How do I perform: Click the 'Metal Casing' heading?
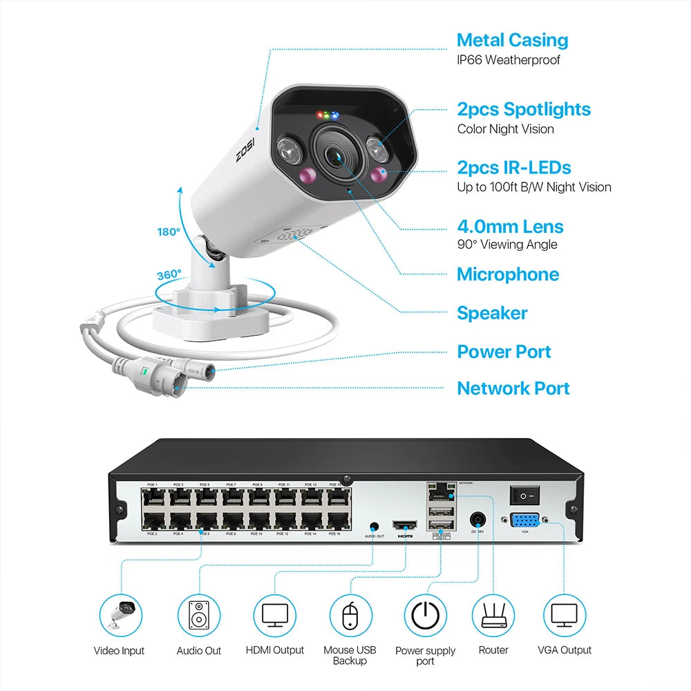512,40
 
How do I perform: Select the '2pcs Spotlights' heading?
524,109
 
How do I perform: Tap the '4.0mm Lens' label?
510,227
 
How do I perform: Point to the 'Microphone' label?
508,274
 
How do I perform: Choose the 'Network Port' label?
513,388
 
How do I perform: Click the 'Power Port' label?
504,352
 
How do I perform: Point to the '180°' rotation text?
168,232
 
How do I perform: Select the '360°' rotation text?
169,274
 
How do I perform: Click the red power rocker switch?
523,495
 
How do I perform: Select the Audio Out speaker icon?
198,614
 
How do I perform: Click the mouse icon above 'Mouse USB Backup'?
350,614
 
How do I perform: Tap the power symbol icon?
425,614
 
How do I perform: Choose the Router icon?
493,614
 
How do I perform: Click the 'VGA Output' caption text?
565,650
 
